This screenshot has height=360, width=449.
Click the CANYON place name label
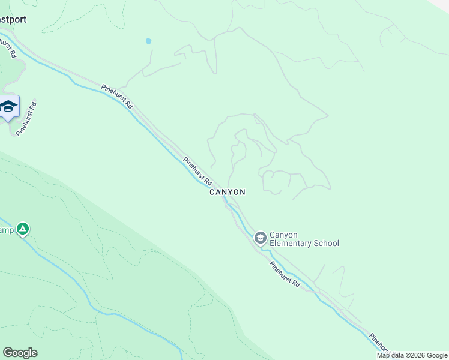227,193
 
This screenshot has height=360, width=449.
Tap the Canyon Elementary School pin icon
260,238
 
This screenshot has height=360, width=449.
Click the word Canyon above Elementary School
284,235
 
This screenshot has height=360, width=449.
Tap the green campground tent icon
23,229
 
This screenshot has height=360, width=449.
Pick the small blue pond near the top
148,41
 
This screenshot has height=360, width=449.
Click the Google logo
20,353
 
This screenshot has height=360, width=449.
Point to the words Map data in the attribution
390,355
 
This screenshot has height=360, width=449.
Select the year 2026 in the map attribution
417,355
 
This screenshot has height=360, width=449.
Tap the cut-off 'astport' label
13,19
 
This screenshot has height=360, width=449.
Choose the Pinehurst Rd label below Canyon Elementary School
284,273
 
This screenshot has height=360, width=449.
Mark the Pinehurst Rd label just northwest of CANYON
198,171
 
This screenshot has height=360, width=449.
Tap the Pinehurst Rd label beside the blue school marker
28,118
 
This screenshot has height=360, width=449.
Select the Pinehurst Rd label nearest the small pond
117,95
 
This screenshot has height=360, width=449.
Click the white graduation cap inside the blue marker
8,106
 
